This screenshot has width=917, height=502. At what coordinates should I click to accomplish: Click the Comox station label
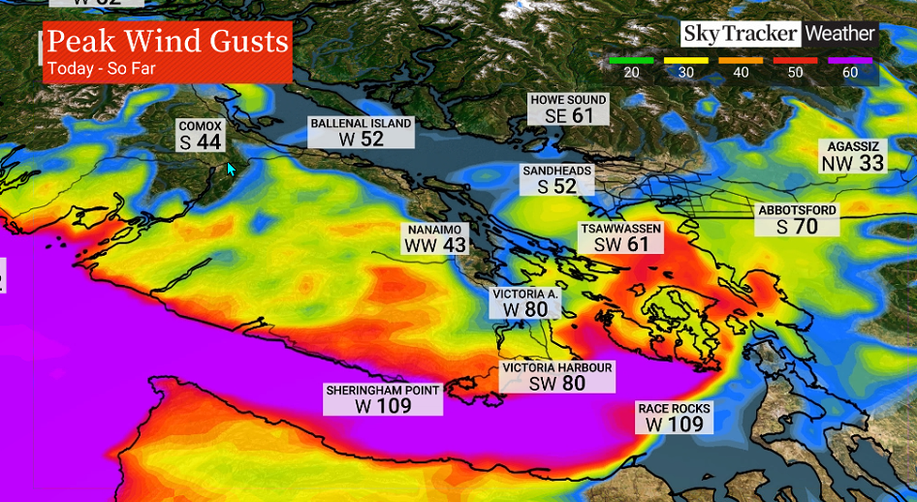click(201, 136)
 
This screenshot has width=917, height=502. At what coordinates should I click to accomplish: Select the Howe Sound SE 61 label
click(568, 109)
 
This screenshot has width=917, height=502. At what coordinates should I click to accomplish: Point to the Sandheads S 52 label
click(556, 179)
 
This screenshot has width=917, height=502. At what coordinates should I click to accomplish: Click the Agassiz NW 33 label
click(853, 156)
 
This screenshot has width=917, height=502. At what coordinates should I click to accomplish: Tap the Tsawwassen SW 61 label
click(620, 237)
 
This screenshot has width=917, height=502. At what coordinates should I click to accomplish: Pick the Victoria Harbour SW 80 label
click(557, 376)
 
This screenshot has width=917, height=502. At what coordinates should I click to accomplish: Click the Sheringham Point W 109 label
click(383, 398)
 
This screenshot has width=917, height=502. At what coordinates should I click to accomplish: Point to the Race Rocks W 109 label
click(674, 417)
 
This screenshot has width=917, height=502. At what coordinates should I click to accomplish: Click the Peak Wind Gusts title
click(168, 43)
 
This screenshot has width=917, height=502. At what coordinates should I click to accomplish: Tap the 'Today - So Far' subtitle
click(101, 69)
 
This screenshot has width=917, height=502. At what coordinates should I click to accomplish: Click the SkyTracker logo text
click(740, 34)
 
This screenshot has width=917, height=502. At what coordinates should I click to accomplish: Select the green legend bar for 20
click(631, 60)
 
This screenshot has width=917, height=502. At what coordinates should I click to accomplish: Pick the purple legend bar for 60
click(851, 60)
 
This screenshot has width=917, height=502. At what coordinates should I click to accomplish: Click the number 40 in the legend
click(741, 73)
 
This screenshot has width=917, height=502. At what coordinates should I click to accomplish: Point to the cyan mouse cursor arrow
click(231, 169)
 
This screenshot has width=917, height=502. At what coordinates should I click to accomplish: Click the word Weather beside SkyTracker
click(839, 34)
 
